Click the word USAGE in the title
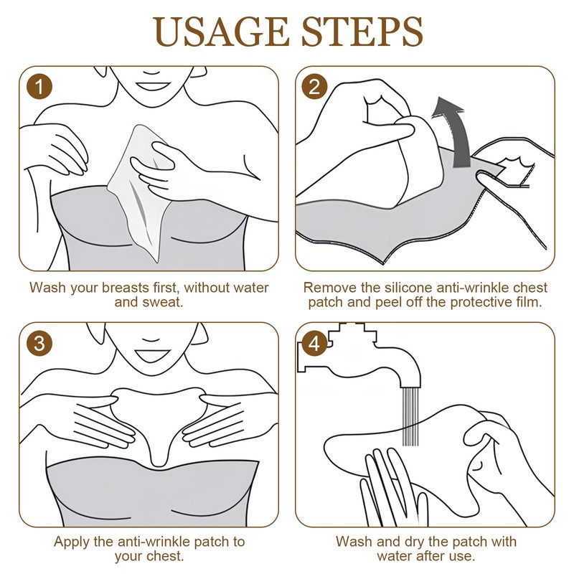tap(221, 32)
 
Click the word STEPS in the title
tap(362, 32)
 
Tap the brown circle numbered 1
tap(39, 87)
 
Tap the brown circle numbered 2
tap(314, 87)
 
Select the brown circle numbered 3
tap(39, 344)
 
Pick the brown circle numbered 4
tap(314, 344)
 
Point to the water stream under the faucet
tap(410, 416)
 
